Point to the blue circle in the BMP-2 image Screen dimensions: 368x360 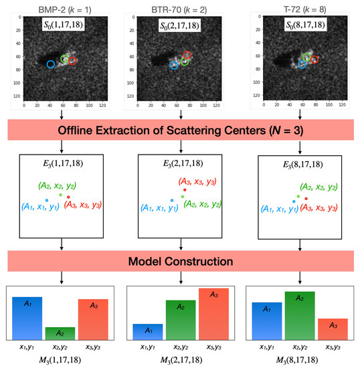[x=51, y=64]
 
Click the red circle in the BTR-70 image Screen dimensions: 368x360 [x=187, y=55]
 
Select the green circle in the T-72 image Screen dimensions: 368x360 [x=306, y=58]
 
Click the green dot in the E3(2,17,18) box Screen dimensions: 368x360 [x=183, y=197]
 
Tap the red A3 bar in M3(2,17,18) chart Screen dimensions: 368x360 [x=213, y=314]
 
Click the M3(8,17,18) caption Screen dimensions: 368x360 [x=302, y=361]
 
